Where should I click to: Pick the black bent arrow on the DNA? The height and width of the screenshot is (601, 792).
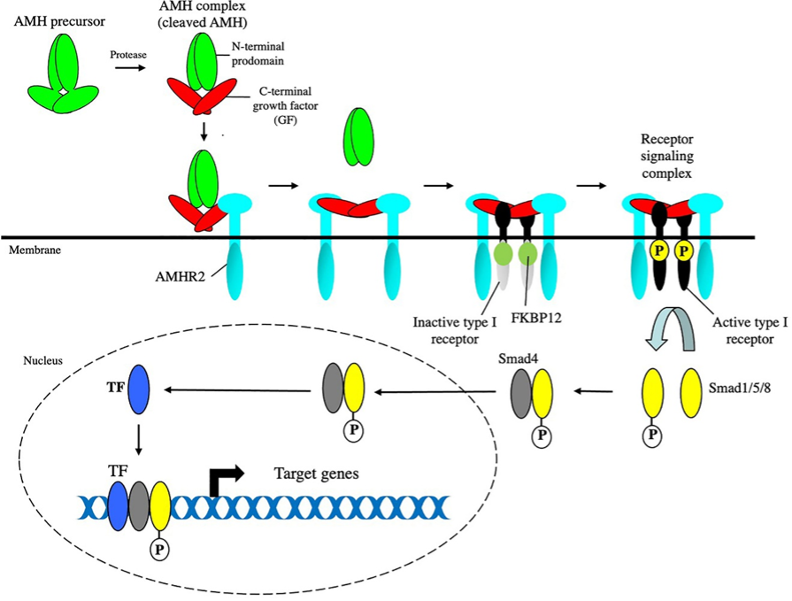pos(221,479)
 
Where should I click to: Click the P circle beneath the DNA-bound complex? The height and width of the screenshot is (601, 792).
pos(160,549)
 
